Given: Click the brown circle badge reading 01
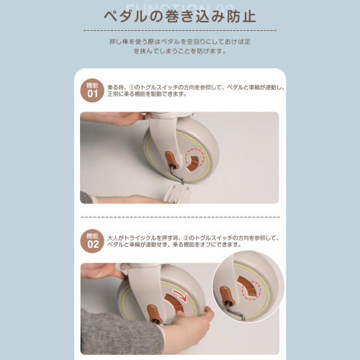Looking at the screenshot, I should tap(91, 91).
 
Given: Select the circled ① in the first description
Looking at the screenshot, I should tap(133, 86).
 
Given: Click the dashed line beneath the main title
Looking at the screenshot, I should tap(180, 31).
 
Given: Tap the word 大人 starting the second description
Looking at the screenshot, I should tap(113, 236).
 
